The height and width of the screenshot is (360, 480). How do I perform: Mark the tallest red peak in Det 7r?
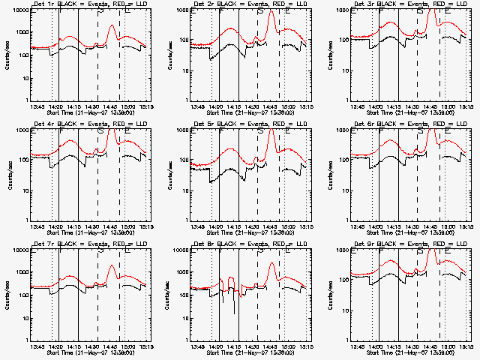(x=112, y=266)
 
